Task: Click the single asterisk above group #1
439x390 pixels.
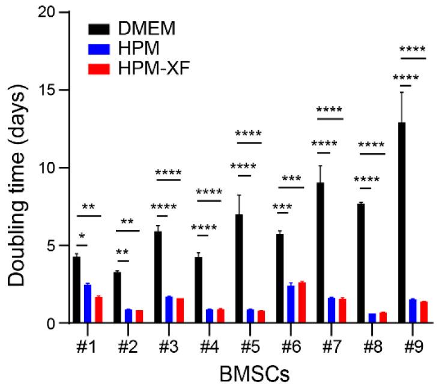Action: tap(82, 236)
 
